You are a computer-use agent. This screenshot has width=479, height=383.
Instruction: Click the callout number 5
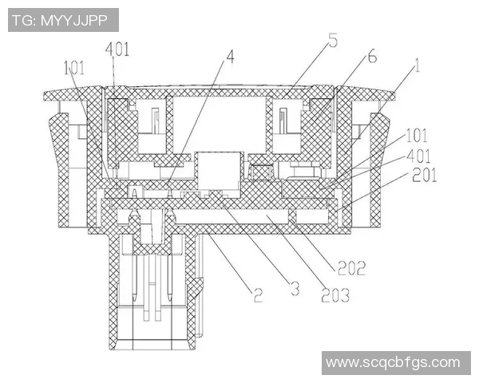333,40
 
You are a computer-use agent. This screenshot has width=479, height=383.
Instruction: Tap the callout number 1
417,65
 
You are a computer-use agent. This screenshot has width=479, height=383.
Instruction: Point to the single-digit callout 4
230,57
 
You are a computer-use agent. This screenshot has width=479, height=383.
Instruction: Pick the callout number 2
258,295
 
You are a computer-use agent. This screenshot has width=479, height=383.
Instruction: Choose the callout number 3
295,288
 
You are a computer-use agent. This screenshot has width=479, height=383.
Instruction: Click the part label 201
425,175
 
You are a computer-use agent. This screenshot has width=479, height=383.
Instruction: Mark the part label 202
351,268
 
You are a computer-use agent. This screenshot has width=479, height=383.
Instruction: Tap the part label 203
335,295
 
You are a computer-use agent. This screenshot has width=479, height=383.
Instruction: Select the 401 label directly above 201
419,156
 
